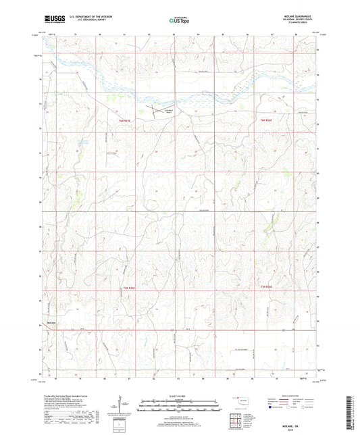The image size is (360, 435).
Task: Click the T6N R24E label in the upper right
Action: click(267, 120)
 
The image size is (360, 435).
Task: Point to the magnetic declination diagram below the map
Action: click(124, 406)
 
